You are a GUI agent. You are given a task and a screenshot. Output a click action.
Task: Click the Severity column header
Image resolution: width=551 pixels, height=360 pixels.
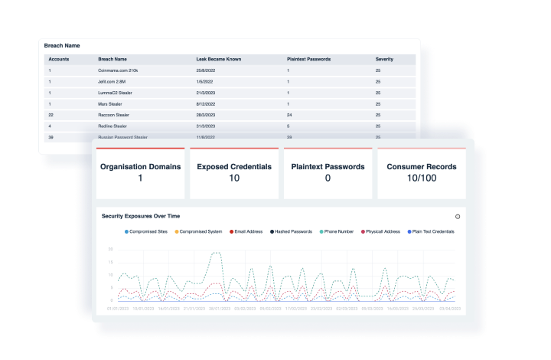coord(384,58)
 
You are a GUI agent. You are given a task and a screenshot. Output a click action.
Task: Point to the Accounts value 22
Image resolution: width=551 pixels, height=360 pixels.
coord(51,113)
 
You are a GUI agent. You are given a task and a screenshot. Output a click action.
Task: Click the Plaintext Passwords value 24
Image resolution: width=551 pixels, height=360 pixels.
coord(289,113)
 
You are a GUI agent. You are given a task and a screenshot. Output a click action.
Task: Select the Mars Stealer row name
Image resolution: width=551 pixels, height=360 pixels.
coord(109,103)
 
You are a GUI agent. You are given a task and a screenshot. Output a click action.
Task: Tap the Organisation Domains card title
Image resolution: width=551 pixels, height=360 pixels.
coord(140,165)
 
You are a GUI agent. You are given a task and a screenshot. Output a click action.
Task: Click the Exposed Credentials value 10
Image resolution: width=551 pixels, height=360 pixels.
coord(234,178)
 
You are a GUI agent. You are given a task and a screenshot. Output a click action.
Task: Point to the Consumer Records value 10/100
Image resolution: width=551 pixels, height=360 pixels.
coord(422,178)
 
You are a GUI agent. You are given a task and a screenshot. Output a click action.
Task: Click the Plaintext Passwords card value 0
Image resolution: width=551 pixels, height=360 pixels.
coord(328,178)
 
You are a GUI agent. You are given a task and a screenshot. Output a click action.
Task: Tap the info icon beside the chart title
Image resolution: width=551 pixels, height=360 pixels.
coord(458,217)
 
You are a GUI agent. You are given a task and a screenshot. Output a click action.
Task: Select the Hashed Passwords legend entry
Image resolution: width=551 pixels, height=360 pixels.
coord(293,231)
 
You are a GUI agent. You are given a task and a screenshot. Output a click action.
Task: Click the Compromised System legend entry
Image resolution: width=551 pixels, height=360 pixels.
coord(200,231)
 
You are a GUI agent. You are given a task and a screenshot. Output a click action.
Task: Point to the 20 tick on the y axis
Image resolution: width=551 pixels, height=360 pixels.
coord(111,249)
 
